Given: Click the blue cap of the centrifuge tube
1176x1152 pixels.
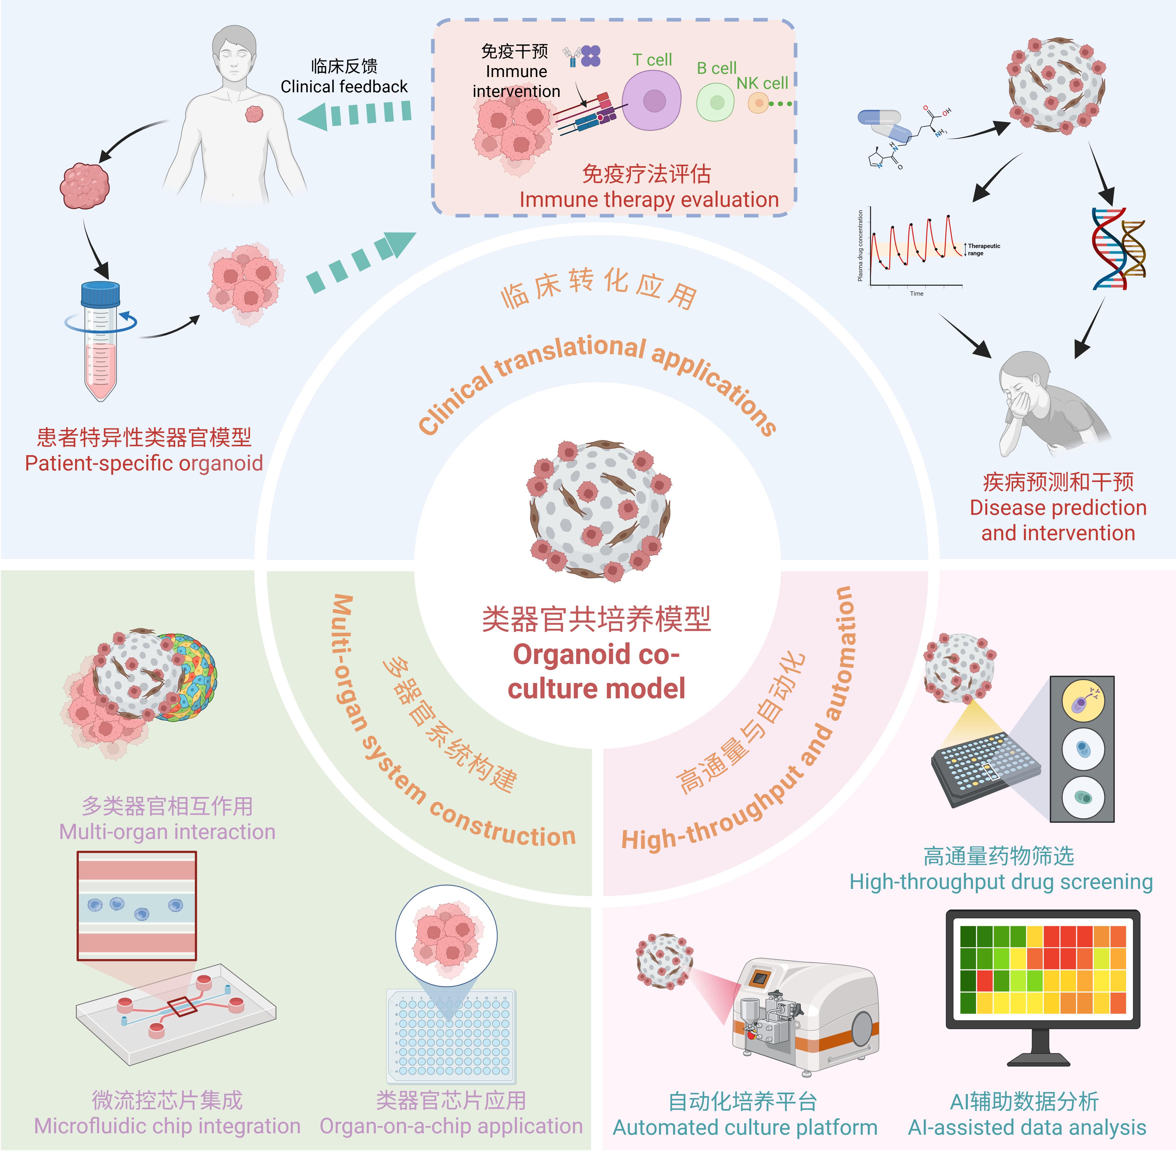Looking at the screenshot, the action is pyautogui.click(x=100, y=294).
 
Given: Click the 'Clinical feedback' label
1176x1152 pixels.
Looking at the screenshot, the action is pyautogui.click(x=344, y=87).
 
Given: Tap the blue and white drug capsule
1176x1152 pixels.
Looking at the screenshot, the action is pyautogui.click(x=885, y=125).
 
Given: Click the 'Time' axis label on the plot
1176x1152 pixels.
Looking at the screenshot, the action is pyautogui.click(x=916, y=293).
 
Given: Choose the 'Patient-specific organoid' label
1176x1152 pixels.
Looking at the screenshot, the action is pyautogui.click(x=144, y=463).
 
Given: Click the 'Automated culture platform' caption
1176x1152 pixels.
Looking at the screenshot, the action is pyautogui.click(x=745, y=1127).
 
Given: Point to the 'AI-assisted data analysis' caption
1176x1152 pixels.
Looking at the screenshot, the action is pyautogui.click(x=1027, y=1127).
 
